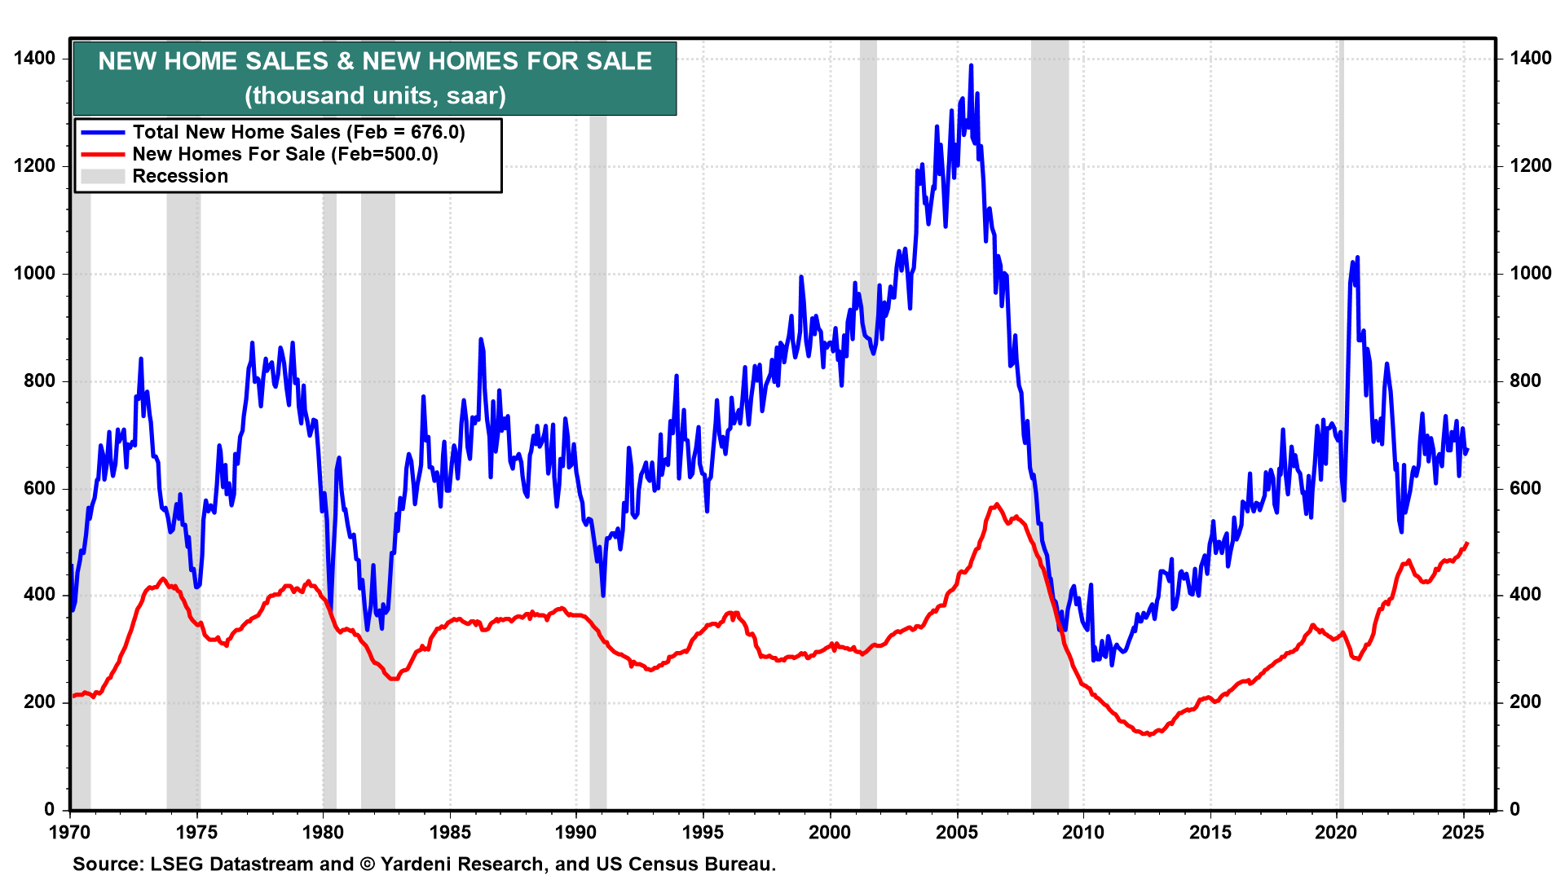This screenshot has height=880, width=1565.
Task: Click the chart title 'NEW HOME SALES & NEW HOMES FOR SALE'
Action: (375, 61)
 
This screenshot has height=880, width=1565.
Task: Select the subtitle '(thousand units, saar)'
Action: (375, 95)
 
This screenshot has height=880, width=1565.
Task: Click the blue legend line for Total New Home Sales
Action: (103, 132)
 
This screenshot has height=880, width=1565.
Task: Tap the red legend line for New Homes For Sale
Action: (103, 154)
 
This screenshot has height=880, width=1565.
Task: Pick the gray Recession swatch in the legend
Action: (103, 176)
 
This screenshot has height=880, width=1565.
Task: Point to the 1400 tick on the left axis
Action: (35, 58)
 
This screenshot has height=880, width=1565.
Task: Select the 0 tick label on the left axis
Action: (50, 809)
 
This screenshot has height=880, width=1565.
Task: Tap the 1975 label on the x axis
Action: (197, 832)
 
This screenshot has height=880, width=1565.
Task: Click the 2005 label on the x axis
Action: (957, 832)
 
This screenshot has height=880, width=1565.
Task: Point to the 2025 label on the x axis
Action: (1463, 832)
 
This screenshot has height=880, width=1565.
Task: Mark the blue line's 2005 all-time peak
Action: (971, 66)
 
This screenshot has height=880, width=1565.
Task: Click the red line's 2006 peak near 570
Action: (997, 504)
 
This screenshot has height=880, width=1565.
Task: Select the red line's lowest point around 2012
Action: (1148, 734)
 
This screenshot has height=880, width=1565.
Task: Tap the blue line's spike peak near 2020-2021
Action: (1357, 258)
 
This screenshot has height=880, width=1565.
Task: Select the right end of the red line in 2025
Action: (1467, 543)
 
